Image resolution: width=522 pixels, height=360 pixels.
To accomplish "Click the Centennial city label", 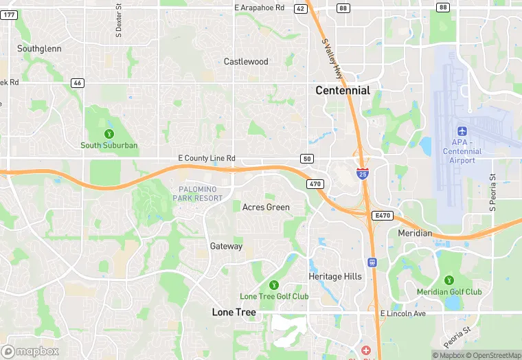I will (x=342, y=91).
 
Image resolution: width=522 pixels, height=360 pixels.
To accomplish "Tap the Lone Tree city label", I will (x=234, y=312).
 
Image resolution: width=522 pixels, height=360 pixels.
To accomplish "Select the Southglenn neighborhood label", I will (x=39, y=49).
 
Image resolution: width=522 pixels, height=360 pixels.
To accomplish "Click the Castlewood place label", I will (x=246, y=62).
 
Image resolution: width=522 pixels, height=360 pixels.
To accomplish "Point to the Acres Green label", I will (x=266, y=207).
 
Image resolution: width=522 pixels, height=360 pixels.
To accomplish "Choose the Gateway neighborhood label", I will (x=226, y=246).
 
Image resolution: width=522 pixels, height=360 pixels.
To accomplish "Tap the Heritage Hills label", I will (x=334, y=276).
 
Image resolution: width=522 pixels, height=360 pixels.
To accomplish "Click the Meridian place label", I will (x=415, y=234).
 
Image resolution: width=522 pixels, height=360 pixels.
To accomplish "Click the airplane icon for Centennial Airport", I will (x=462, y=131).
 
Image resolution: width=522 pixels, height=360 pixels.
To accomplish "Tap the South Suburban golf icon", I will (x=109, y=133).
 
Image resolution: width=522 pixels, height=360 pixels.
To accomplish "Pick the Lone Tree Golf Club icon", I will (x=273, y=284).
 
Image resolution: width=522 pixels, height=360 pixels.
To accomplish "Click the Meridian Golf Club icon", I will (x=449, y=280).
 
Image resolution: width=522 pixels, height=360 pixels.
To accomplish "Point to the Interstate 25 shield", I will (x=362, y=173).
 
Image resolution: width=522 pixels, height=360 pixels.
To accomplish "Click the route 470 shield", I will (x=315, y=184).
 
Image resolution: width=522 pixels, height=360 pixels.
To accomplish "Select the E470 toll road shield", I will (x=382, y=216).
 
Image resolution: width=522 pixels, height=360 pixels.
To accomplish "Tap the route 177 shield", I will (x=9, y=14).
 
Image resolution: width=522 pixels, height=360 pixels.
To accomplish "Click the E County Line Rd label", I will (x=206, y=159).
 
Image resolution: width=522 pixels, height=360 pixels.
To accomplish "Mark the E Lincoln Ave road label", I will (x=403, y=313).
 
